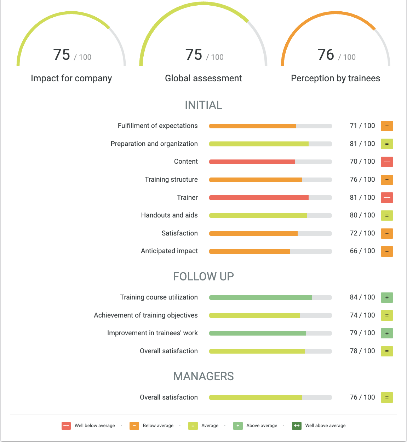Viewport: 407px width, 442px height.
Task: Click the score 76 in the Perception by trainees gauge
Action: tap(326, 55)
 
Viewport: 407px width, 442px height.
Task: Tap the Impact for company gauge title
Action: tap(71, 78)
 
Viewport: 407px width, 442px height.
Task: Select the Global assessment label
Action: tap(203, 78)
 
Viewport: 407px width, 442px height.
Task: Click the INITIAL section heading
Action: tap(203, 105)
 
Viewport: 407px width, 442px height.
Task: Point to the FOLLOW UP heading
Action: tap(203, 277)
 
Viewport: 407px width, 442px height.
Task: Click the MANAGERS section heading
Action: tap(203, 376)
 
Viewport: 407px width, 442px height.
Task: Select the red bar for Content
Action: tap(252, 162)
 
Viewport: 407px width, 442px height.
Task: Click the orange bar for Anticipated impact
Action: tap(250, 251)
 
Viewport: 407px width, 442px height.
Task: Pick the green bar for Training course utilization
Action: tap(260, 298)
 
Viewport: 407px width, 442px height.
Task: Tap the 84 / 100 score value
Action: tap(362, 297)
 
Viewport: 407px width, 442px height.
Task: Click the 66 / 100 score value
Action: tap(362, 251)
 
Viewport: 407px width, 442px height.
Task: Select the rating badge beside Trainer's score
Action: tap(387, 198)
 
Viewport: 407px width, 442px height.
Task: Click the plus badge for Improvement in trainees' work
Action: tap(387, 333)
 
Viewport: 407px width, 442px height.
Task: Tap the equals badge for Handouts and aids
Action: tap(387, 215)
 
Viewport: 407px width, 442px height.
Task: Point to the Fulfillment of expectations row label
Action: tap(157, 126)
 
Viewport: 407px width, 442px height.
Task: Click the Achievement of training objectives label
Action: tap(146, 315)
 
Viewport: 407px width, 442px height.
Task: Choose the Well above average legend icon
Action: tap(297, 426)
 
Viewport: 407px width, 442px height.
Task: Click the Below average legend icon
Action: tap(134, 426)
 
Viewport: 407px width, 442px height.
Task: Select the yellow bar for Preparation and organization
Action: tap(259, 144)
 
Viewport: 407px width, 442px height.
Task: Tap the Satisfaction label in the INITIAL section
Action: tap(179, 233)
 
